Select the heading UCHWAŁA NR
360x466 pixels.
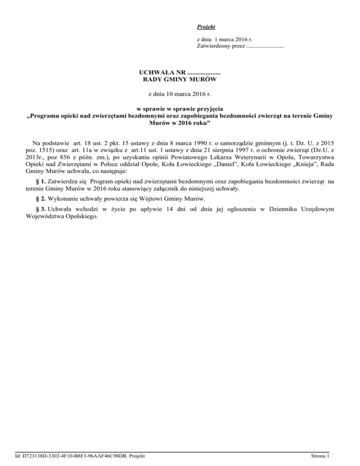pyautogui.click(x=162, y=73)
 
